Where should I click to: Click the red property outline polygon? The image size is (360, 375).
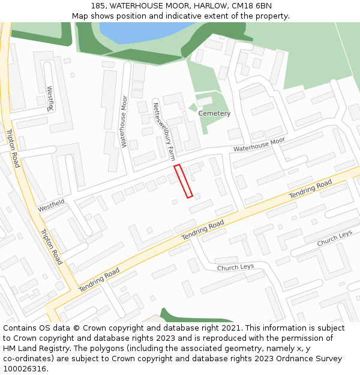(183, 181)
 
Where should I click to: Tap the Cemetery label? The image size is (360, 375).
(214, 113)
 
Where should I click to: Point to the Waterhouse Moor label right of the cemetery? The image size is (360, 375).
(259, 145)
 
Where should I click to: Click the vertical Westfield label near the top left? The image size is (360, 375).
(50, 98)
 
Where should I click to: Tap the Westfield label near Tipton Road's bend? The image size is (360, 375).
(51, 206)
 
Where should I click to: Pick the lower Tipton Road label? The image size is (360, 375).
(51, 247)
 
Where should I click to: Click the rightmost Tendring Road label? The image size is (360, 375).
(310, 189)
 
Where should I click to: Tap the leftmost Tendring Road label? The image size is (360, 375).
(100, 280)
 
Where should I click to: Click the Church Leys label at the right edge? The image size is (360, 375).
(335, 238)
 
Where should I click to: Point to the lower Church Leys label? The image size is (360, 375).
(235, 267)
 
